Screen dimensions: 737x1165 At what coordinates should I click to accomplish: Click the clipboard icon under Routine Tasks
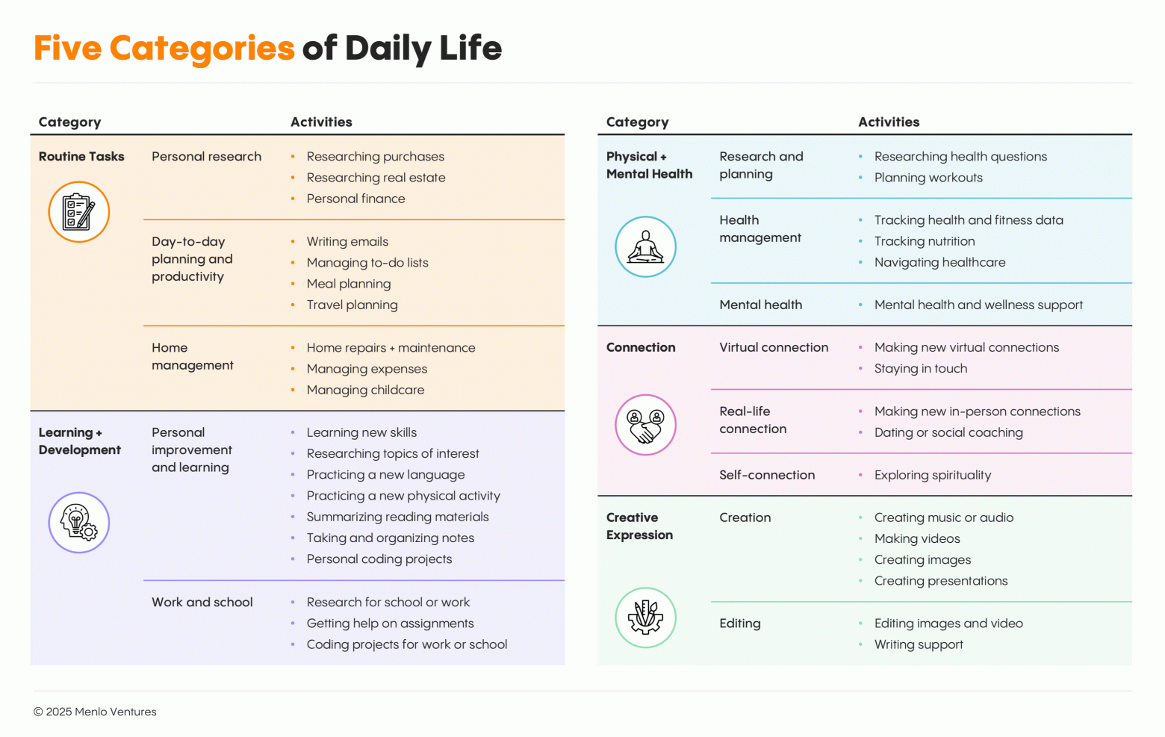79,212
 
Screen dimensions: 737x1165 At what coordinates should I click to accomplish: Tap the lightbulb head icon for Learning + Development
79,523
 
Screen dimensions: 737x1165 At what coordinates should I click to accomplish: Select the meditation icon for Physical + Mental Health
645,247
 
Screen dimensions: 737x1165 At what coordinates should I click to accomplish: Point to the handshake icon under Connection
645,425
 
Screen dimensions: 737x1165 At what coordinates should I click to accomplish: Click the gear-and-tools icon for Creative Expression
645,618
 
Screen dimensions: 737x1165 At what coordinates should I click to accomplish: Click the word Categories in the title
202,49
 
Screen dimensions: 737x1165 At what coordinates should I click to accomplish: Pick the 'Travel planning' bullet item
352,305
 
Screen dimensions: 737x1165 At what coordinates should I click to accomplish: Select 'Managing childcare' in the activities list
365,390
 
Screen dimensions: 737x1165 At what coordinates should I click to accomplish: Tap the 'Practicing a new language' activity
385,475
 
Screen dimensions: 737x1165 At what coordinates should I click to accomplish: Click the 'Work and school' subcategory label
202,602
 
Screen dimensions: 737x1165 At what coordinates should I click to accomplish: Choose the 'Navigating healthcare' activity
939,262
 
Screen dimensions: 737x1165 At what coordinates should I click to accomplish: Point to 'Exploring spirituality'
933,475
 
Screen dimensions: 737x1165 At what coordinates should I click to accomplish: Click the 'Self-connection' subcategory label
767,475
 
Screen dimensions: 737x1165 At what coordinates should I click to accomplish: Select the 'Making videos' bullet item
917,538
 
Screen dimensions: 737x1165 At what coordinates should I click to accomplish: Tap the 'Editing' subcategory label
740,624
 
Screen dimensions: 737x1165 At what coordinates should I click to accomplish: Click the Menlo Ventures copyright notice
95,712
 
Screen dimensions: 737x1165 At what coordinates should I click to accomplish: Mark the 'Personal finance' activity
355,199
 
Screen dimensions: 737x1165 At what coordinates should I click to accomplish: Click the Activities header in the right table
889,122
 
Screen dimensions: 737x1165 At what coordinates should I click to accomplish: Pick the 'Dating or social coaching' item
948,432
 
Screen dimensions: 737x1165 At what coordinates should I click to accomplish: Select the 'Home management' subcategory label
192,356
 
